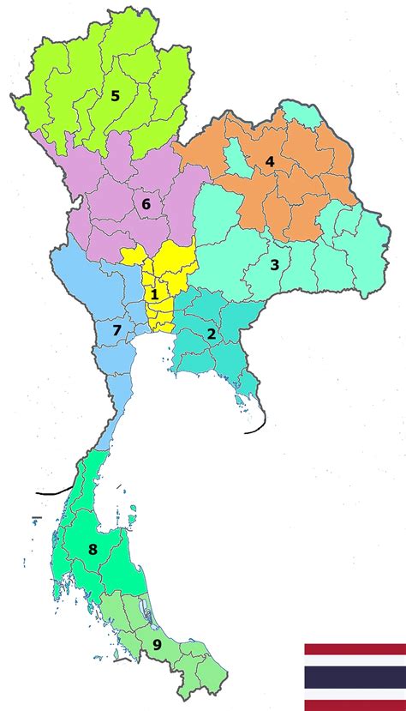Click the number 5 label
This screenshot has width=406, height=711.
click(116, 96)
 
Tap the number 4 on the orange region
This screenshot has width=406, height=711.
click(269, 161)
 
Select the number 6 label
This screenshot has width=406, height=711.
click(146, 204)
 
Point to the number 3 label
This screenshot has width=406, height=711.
click(274, 265)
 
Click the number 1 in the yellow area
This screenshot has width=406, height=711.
click(154, 294)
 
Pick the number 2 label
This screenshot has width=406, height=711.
click(211, 334)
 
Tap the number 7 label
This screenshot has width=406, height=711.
click(118, 331)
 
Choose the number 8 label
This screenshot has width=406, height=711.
click(93, 550)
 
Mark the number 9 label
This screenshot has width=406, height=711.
click(157, 645)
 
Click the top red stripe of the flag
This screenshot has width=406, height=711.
click(355, 649)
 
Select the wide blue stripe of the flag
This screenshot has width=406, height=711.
click(355, 677)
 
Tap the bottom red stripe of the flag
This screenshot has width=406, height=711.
click(355, 705)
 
